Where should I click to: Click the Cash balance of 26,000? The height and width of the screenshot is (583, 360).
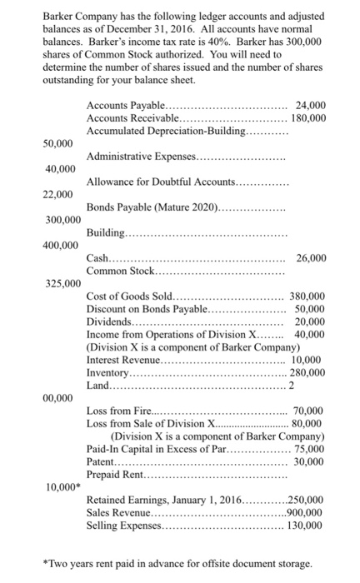pos(312,258)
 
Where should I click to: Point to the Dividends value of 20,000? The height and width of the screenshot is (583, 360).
pos(312,321)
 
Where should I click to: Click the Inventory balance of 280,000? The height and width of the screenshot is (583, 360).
pos(308,372)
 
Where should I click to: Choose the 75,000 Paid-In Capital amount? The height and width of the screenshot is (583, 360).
pos(312,448)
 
